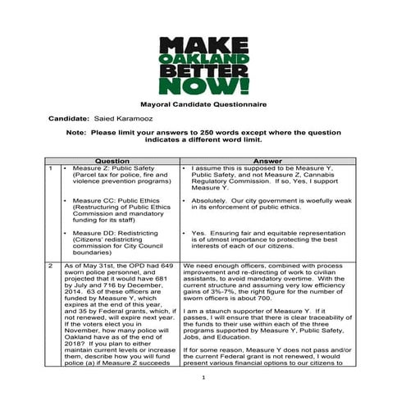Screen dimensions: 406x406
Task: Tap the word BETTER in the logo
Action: point(202,73)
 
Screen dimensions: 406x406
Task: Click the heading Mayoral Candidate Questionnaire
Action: point(203,106)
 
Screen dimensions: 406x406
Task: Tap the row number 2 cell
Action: point(52,267)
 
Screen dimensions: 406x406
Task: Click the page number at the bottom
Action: point(203,400)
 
